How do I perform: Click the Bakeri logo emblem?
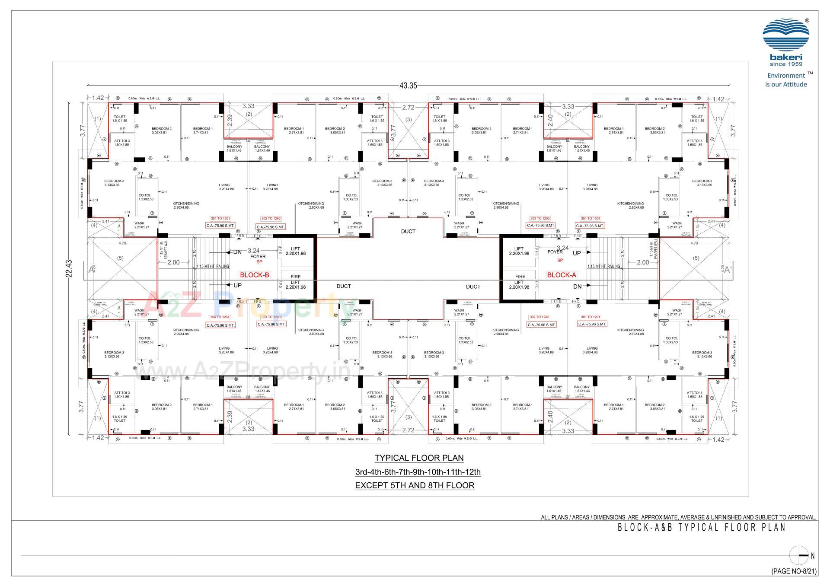(785, 35)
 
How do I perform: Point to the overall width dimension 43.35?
(408, 86)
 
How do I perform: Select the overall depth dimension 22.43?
(69, 268)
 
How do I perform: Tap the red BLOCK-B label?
(255, 275)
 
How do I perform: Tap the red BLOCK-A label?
(562, 275)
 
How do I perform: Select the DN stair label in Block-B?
(238, 252)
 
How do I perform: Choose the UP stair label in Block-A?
(577, 253)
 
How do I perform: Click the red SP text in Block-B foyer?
(259, 262)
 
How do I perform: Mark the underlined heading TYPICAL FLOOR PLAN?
(419, 458)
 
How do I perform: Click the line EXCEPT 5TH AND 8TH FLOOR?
(415, 485)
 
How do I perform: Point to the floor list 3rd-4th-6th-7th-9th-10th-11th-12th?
(418, 472)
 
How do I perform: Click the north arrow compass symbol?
(798, 556)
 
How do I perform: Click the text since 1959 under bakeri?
(786, 64)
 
